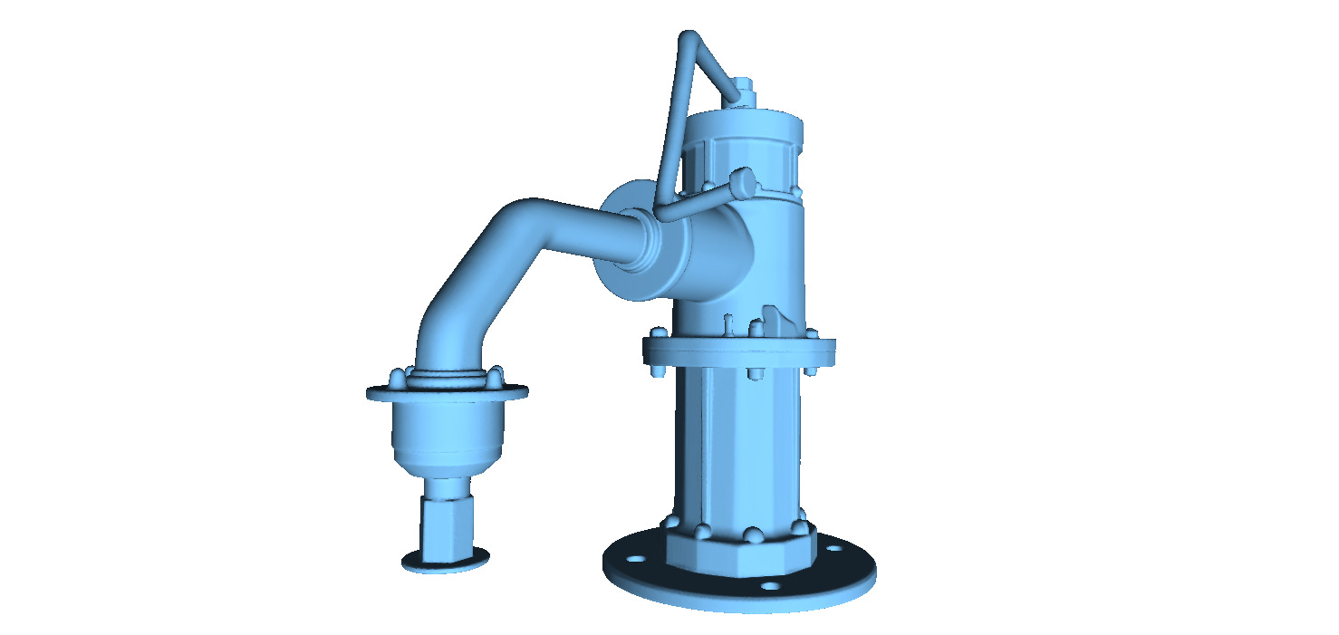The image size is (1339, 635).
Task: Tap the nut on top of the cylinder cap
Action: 744,91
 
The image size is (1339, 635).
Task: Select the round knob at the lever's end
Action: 743,181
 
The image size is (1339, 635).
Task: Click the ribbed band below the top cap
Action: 743,159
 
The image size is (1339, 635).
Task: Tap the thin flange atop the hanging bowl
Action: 447,392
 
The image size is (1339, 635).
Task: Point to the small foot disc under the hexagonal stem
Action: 445,561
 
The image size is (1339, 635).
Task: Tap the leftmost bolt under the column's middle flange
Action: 659,370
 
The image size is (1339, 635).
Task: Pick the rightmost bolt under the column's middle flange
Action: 810,369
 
